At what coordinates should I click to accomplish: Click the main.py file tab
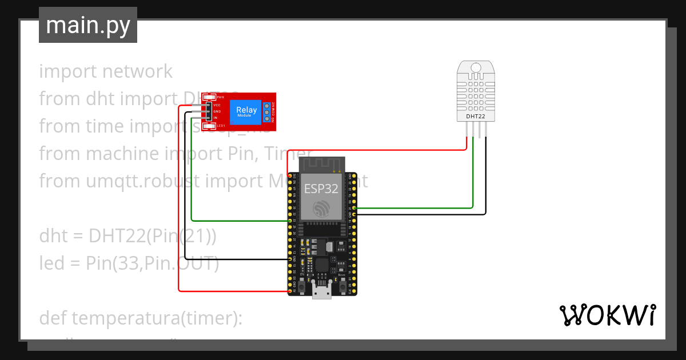point(87,25)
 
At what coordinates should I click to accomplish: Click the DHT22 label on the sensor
point(476,116)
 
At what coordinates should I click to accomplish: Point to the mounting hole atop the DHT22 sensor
point(476,68)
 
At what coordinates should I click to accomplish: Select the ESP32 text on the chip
point(321,189)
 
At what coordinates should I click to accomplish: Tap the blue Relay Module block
point(246,111)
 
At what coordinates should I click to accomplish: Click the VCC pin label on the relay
point(217,105)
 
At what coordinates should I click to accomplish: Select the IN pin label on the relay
point(216,117)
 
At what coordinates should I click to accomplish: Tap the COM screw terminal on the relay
point(267,112)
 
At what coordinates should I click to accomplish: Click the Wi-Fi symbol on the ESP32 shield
point(321,209)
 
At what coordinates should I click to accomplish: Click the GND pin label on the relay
point(217,111)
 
